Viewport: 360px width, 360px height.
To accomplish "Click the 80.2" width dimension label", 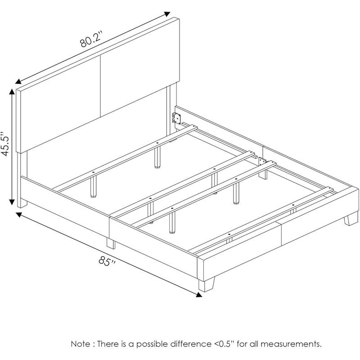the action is coord(91,40).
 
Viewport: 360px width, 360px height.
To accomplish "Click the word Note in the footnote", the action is coord(81,344).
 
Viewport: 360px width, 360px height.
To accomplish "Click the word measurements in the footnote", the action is coord(290,344).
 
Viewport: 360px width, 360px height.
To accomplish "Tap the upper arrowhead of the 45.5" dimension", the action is coord(12,92).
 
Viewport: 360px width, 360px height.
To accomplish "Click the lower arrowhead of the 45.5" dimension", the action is coord(12,201).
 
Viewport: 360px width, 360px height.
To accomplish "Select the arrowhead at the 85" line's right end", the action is coord(198,295).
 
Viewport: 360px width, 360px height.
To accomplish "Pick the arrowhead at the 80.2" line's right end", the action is coord(166,14).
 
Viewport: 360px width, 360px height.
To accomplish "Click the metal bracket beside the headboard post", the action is coord(176,118).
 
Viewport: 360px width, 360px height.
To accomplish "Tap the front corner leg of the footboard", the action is coord(206,284).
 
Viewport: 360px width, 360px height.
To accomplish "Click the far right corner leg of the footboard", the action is coord(351,219).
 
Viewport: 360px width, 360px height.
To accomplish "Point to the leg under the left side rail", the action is coord(111,243).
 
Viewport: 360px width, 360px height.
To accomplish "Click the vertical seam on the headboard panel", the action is coord(100,86).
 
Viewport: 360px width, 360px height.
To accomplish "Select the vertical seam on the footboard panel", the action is coord(281,234).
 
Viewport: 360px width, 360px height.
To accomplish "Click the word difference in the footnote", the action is coord(190,344).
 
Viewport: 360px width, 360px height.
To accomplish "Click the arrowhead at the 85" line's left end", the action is coord(19,215).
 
